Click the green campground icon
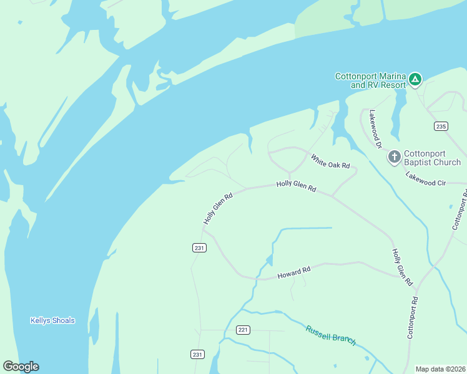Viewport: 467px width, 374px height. tap(415, 79)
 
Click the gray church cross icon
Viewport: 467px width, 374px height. tap(394, 156)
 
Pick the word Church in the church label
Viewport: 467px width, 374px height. tap(447, 162)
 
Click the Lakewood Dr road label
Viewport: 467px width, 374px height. tap(375, 129)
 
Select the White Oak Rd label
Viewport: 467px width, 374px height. tap(330, 161)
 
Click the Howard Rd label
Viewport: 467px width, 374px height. tap(293, 272)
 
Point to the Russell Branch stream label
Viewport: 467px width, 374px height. tap(331, 335)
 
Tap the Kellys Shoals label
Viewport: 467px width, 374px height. tap(52, 320)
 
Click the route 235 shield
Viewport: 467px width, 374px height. tap(441, 127)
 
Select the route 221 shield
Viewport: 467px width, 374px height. tap(243, 329)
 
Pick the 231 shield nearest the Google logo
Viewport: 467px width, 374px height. tap(197, 354)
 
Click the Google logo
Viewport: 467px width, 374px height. tap(21, 367)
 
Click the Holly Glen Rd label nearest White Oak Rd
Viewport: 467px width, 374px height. tap(296, 186)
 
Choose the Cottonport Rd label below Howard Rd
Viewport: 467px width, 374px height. tap(413, 317)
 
